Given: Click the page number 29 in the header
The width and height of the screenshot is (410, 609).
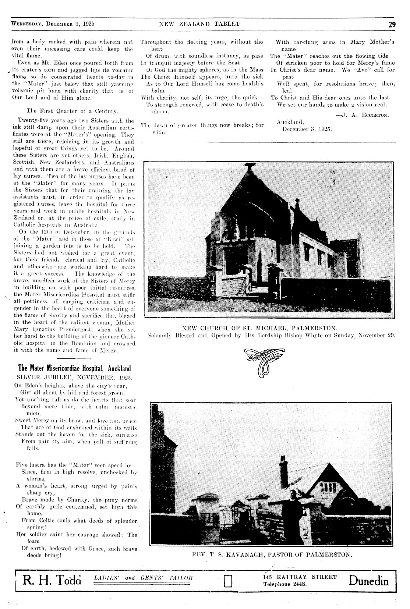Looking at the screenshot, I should click(391, 25).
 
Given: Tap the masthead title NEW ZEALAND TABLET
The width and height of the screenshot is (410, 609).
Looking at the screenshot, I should click(199, 24).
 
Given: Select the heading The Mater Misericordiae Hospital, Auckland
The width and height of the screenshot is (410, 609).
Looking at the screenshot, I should click(74, 368).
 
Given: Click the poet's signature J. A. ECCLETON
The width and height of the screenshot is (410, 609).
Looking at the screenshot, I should click(363, 115).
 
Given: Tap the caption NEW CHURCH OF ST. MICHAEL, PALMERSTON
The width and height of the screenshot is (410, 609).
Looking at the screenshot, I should click(260, 327).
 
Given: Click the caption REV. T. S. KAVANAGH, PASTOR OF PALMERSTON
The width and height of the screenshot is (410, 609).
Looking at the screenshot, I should click(272, 554).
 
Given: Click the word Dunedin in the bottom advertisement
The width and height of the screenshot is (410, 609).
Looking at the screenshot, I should click(369, 581).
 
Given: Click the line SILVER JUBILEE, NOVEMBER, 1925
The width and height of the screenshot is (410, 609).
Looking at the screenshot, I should click(75, 378).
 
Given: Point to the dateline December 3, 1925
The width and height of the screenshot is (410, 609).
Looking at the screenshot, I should click(307, 129).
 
